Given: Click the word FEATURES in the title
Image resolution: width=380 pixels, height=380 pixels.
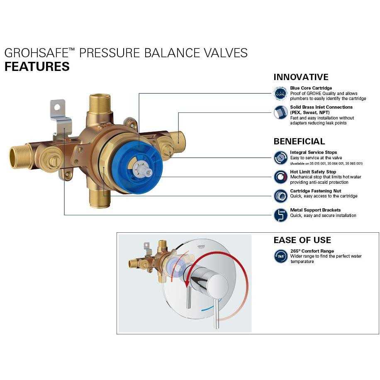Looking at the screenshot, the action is [37, 66].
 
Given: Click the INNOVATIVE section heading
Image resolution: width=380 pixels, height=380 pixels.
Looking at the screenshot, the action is [301, 77].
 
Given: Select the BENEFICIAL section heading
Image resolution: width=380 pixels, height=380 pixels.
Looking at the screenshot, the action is [299, 141].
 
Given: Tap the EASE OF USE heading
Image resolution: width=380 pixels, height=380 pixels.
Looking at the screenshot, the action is [302, 240].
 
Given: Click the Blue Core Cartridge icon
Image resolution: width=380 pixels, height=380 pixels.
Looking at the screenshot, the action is [280, 93].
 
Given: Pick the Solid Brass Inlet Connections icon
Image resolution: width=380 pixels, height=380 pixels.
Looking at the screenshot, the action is [280, 112].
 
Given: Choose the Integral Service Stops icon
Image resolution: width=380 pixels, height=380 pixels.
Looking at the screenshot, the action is [280, 158].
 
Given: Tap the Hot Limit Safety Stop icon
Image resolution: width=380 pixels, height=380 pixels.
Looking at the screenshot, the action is [280, 177].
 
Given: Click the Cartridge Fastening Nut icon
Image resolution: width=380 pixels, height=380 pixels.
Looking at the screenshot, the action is [280, 196].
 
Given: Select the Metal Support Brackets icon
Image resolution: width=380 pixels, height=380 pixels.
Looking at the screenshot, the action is [280, 215].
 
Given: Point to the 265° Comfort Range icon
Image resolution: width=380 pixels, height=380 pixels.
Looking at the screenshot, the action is [280, 256].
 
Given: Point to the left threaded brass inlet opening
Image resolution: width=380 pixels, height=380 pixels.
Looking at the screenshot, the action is [17, 157].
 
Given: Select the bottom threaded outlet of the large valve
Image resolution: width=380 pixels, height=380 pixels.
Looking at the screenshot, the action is [100, 199].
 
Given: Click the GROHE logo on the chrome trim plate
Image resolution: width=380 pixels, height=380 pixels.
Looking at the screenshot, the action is [201, 246].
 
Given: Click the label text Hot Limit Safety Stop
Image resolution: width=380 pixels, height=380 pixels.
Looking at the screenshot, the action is [313, 172].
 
